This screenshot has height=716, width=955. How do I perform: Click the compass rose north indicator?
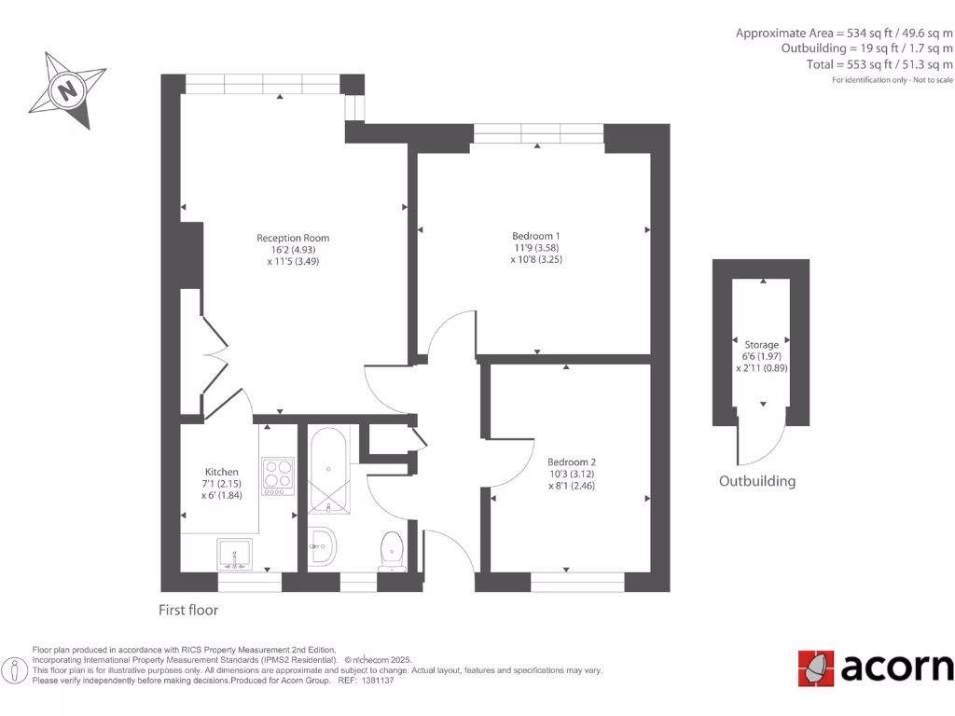66,90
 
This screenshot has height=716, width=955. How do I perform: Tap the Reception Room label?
293,238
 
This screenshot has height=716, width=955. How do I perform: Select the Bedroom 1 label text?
536,235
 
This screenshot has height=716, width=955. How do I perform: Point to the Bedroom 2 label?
571,462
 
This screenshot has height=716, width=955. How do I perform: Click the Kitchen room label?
221,472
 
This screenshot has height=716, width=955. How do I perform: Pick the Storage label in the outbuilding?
761,345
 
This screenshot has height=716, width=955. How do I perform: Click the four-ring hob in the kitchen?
278,475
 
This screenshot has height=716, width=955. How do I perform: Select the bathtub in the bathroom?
327,470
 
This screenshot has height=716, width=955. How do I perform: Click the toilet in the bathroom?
391,550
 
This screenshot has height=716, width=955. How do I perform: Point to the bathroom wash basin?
322,546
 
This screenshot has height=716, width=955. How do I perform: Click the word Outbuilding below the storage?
756,482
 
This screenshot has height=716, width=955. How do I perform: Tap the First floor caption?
187,610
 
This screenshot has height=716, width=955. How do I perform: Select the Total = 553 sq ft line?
880,64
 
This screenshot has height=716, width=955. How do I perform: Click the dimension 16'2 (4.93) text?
293,250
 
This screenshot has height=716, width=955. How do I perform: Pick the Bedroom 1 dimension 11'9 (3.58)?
536,247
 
